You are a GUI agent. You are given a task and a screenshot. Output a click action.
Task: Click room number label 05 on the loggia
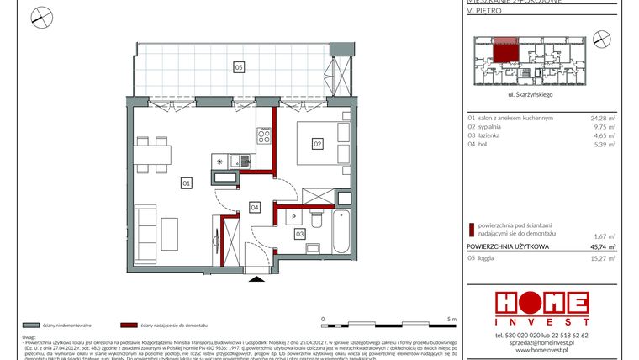pyautogui.click(x=239, y=66)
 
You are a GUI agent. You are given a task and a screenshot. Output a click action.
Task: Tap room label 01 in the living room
pyautogui.click(x=186, y=181)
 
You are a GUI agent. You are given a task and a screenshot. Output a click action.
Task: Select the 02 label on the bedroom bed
pyautogui.click(x=319, y=144)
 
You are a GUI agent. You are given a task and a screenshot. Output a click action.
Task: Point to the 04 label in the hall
pyautogui.click(x=253, y=206)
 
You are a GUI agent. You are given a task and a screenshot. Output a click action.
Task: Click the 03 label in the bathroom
pyautogui.click(x=299, y=235)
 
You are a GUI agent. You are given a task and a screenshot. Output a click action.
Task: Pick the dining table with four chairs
pyautogui.click(x=152, y=154)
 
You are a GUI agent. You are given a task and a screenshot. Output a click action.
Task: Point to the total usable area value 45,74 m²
pyautogui.click(x=603, y=247)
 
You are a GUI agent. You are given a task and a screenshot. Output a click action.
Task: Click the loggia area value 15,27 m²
pyautogui.click(x=603, y=258)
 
